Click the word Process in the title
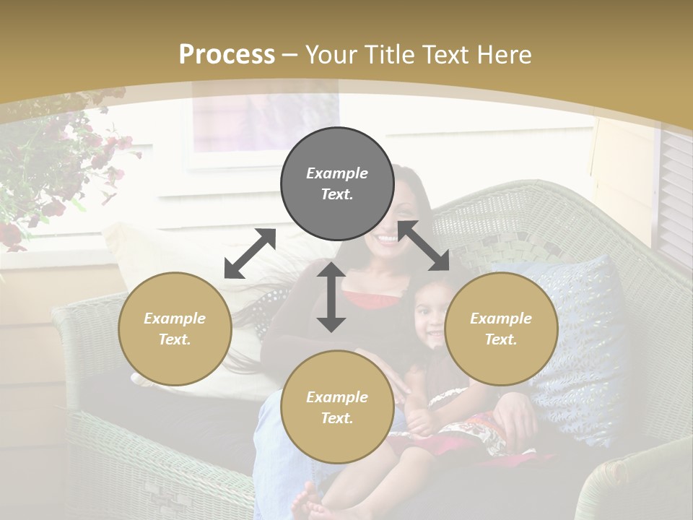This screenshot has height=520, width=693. [x=227, y=55]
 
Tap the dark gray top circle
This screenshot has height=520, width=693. [x=337, y=183]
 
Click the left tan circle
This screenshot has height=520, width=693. [x=175, y=329]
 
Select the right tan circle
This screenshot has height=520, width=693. [x=501, y=329]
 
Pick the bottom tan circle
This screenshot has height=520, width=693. [x=337, y=407]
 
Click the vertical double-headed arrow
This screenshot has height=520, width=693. [x=331, y=297]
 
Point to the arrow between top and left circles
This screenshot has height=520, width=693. [x=250, y=253]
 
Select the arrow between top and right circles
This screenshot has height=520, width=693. [x=424, y=246]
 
